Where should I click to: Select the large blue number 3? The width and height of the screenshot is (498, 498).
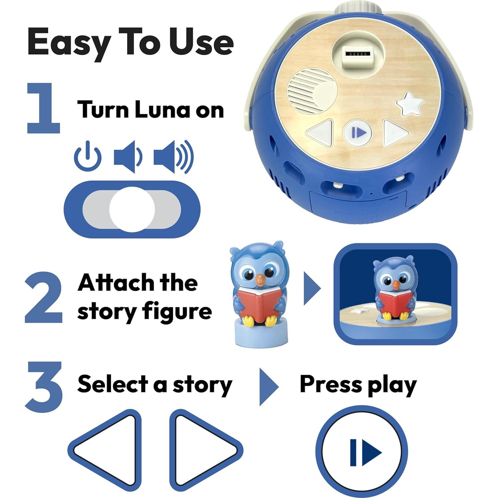pyautogui.click(x=44, y=387)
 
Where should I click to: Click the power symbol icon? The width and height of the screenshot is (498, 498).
pyautogui.click(x=88, y=156)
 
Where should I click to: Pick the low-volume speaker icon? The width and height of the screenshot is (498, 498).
pyautogui.click(x=128, y=157)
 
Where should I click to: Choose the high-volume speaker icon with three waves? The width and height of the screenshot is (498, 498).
pyautogui.click(x=173, y=157)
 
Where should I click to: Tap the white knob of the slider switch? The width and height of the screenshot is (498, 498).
pyautogui.click(x=132, y=209)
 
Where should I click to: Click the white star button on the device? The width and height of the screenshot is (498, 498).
pyautogui.click(x=409, y=104)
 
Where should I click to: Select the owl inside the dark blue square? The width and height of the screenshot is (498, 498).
pyautogui.click(x=395, y=288)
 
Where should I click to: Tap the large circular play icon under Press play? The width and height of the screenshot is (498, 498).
pyautogui.click(x=362, y=452)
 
